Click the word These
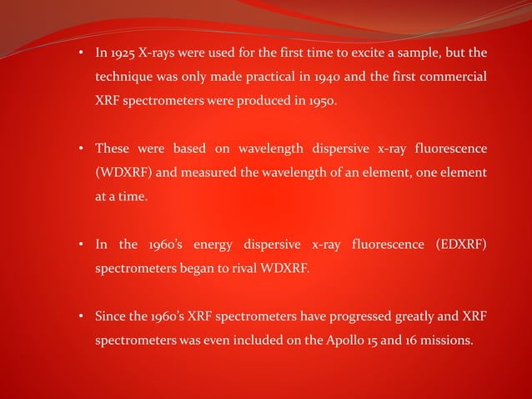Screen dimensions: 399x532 [112, 149]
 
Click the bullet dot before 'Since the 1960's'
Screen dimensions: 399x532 [82, 316]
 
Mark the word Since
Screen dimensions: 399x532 [110, 316]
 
